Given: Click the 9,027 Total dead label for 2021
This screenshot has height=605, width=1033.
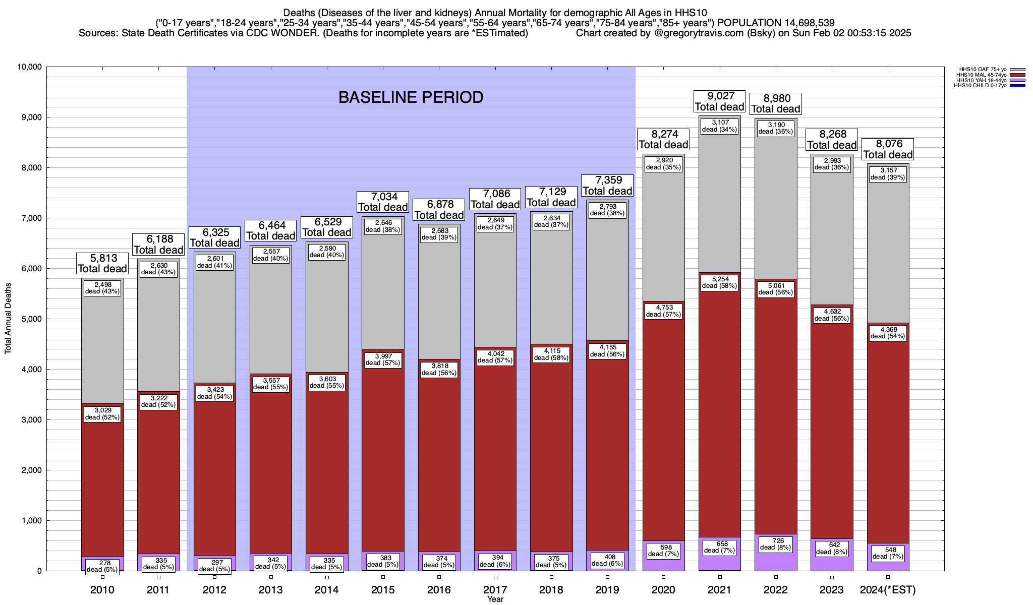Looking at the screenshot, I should pyautogui.click(x=719, y=101).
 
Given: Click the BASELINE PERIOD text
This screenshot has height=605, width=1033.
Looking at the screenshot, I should pyautogui.click(x=411, y=97).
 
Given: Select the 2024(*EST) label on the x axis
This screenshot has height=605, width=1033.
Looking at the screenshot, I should pyautogui.click(x=888, y=590).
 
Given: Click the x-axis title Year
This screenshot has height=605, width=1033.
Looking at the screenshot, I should pyautogui.click(x=495, y=599).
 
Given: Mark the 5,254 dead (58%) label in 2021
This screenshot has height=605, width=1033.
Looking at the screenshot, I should pyautogui.click(x=719, y=282).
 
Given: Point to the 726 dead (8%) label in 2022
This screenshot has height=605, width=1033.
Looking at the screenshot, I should pyautogui.click(x=776, y=544).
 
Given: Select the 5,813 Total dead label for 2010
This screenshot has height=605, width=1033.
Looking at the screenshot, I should pyautogui.click(x=102, y=264).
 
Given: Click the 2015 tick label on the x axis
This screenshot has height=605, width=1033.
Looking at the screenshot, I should pyautogui.click(x=383, y=590).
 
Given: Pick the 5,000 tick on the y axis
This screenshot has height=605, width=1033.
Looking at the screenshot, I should pyautogui.click(x=32, y=319).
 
